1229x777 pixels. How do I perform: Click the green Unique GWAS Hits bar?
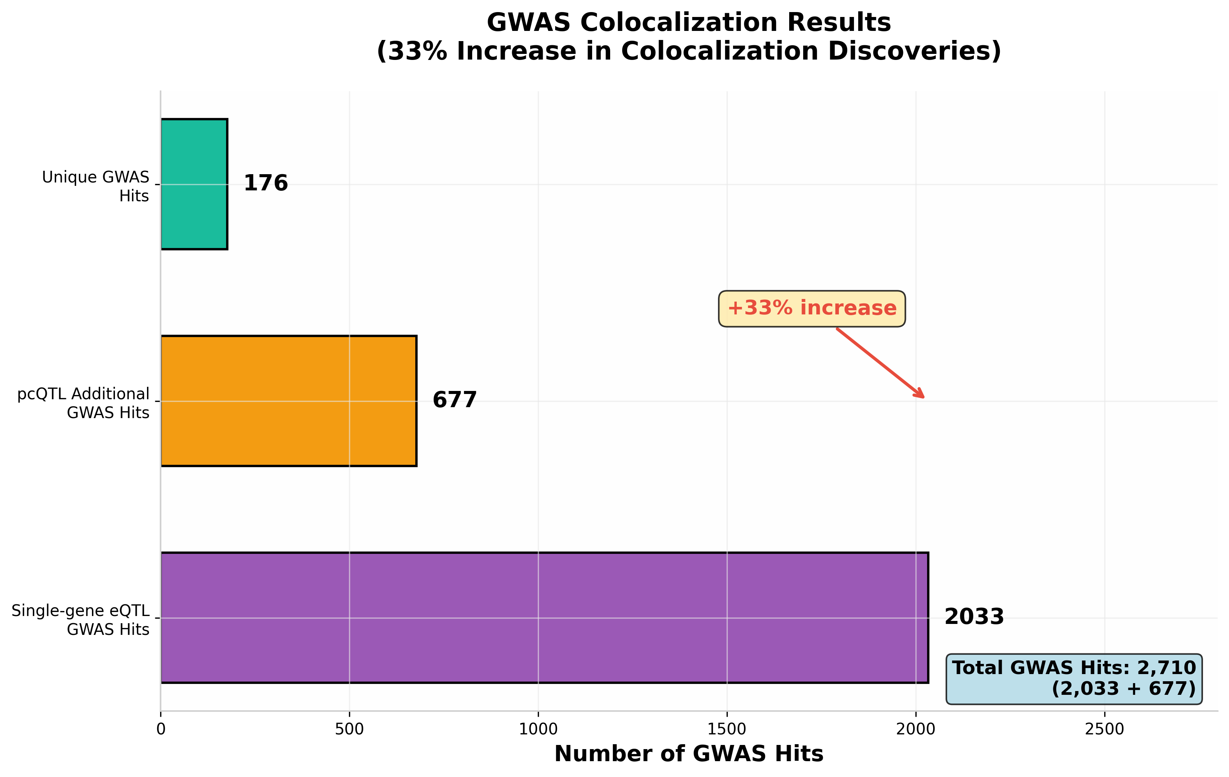pos(194,184)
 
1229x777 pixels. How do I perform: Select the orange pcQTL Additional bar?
pos(288,401)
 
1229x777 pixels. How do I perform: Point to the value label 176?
pos(265,184)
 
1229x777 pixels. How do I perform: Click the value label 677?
pos(454,400)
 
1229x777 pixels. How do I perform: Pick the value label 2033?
pos(974,617)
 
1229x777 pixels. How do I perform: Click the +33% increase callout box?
pos(811,308)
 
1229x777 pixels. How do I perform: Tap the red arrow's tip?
pos(924,397)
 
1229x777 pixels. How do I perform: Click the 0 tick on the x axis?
pos(161,729)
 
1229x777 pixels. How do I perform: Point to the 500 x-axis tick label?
pos(350,729)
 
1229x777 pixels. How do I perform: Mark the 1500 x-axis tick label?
pos(727,729)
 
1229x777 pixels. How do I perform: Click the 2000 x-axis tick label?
pos(915,729)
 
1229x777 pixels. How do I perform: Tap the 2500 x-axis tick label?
pos(1105,729)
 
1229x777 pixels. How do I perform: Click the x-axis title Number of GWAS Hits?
pos(689,754)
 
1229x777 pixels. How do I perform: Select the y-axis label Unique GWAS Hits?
pos(96,186)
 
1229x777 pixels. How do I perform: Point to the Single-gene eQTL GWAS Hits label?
pos(81,620)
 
